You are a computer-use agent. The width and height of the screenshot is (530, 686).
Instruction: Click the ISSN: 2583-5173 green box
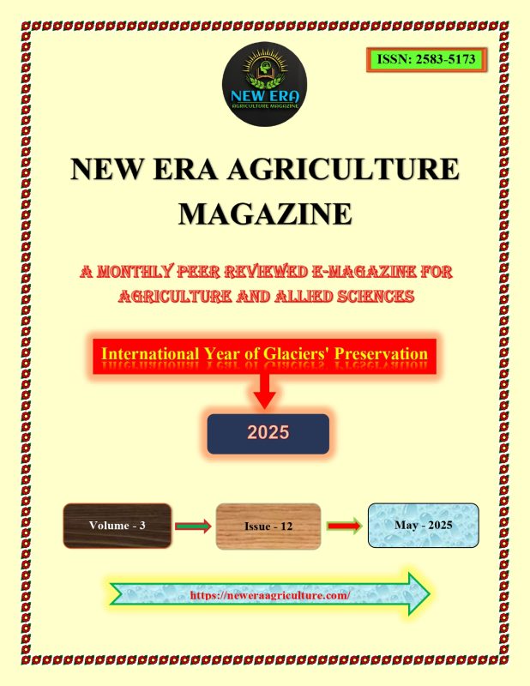coord(427,59)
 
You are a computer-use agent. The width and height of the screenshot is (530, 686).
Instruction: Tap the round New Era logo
coord(264,84)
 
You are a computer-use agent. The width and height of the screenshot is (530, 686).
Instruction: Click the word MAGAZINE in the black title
coord(265,214)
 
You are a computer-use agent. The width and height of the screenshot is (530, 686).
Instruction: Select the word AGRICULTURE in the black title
coord(344,168)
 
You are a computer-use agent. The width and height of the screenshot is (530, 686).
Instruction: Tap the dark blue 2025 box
coord(268,434)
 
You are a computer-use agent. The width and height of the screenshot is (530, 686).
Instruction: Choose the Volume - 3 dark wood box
coord(117,526)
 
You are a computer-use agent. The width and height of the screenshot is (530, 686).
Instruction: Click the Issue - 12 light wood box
coord(268,527)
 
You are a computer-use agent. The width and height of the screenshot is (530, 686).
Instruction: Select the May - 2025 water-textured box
coord(423,525)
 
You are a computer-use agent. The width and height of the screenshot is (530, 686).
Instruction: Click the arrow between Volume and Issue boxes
coord(193,526)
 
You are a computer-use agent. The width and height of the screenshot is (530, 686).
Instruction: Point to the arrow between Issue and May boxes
coord(345,526)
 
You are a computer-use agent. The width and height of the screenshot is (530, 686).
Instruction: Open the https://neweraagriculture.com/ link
coord(270,595)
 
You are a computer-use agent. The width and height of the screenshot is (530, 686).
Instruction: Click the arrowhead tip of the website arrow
coord(430,593)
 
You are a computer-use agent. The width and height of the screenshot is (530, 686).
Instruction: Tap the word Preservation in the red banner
coord(381,353)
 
